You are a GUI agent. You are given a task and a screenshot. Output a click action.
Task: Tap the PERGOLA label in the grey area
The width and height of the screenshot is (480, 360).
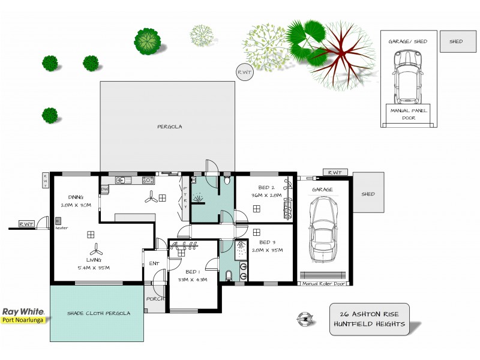click(x=169, y=127)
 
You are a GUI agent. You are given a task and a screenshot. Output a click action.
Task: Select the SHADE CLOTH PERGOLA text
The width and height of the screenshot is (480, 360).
click(x=98, y=313)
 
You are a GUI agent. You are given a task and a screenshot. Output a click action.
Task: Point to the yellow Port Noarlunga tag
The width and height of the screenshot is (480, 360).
click(x=25, y=320)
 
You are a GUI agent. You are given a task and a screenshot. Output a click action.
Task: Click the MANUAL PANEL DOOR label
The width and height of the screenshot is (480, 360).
click(x=409, y=114)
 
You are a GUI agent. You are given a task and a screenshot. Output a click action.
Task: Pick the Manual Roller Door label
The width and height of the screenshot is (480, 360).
click(x=325, y=284)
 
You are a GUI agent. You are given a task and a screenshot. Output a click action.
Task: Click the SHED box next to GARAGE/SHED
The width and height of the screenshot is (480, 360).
click(x=456, y=41)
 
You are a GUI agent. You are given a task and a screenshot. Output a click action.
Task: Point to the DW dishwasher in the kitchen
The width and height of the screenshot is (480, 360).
click(x=104, y=190)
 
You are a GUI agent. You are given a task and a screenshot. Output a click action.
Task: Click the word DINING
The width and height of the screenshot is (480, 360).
click(x=76, y=197)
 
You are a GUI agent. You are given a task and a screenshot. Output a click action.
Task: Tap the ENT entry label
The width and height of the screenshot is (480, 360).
click(x=154, y=263)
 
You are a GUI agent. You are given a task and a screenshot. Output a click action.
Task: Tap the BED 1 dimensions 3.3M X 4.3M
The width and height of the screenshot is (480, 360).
click(x=192, y=280)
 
